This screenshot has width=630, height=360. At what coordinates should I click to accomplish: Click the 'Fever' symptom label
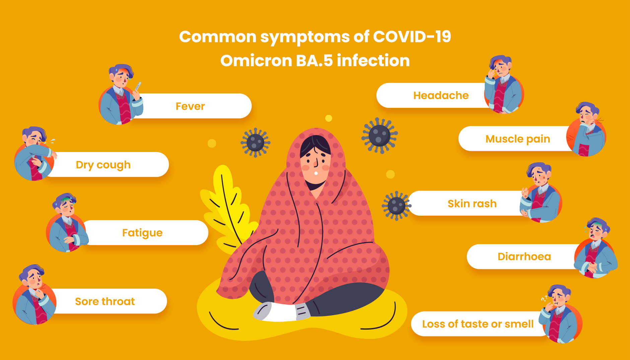click(x=190, y=106)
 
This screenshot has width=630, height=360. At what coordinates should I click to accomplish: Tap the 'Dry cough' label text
click(x=103, y=165)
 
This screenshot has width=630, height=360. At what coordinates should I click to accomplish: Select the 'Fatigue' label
click(x=142, y=233)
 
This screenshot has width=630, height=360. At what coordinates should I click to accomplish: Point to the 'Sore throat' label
click(x=105, y=301)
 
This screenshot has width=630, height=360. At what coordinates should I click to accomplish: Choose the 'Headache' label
click(x=441, y=95)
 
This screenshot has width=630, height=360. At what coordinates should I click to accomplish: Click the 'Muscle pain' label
click(x=518, y=139)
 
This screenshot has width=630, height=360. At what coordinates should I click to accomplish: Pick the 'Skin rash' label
click(x=472, y=203)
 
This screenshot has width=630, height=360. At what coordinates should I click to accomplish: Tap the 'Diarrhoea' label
click(x=524, y=257)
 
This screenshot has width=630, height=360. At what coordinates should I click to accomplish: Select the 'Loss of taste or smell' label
click(x=478, y=324)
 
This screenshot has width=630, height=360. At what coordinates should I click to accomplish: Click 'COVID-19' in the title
click(x=412, y=37)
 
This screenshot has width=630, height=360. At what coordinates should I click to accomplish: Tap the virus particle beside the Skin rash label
click(x=396, y=206)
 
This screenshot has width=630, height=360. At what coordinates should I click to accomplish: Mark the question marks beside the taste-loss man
click(x=544, y=298)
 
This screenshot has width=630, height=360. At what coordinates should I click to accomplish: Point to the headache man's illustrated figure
click(x=503, y=84)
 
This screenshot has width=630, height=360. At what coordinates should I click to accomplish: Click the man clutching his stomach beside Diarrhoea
click(x=596, y=248)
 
